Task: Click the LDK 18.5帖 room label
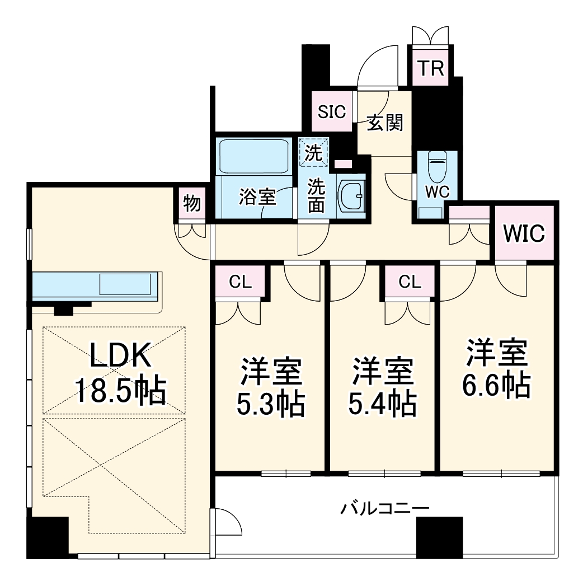point(121,373)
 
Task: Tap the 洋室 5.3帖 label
point(271,388)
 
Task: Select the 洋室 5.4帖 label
point(383,388)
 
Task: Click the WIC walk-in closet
point(524,233)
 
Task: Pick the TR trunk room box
point(431,69)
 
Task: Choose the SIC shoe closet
point(332,111)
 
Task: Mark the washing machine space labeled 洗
point(314,153)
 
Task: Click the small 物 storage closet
point(192,204)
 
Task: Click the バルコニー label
point(385,509)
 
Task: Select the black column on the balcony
point(439,537)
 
